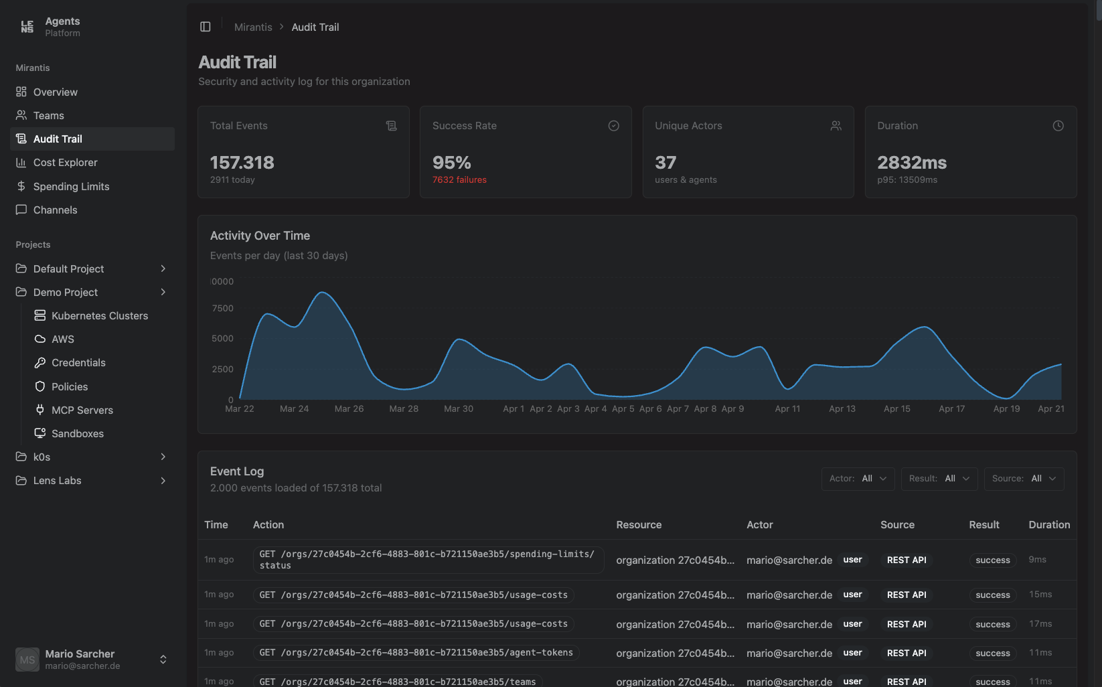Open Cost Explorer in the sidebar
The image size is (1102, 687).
[x=65, y=163]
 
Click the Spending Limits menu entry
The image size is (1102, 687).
[x=71, y=186]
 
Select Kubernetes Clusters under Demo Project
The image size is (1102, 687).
[x=99, y=316]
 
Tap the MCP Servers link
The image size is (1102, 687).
[x=82, y=410]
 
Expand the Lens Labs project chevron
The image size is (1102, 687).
[x=163, y=481]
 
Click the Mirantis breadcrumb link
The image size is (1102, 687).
[x=253, y=27]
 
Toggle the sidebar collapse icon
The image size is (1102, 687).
[x=206, y=27]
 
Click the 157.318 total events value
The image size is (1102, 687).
[x=242, y=163]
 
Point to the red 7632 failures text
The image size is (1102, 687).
[x=459, y=180]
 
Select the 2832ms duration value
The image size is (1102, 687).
[x=911, y=163]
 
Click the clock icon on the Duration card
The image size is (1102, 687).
[x=1058, y=126]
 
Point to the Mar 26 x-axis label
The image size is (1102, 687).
[x=349, y=409]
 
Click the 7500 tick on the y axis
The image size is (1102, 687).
[x=222, y=309]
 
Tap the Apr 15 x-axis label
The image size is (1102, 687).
[x=896, y=409]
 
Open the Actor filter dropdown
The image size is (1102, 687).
[x=858, y=479]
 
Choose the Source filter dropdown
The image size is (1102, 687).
[x=1024, y=479]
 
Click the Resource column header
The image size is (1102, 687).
[x=638, y=525]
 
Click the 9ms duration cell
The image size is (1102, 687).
[x=1037, y=560]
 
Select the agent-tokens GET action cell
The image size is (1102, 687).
[x=416, y=653]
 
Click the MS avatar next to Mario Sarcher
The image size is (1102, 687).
[x=27, y=660]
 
